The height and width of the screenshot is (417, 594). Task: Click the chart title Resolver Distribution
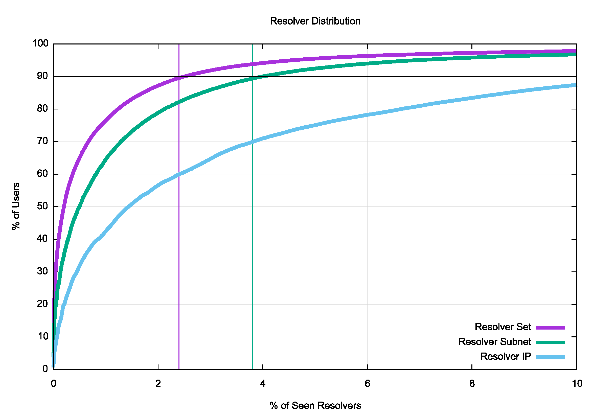click(x=315, y=21)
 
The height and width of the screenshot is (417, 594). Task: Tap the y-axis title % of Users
click(x=16, y=206)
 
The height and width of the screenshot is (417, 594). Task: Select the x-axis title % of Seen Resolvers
click(x=315, y=406)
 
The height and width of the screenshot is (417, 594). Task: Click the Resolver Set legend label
click(x=503, y=327)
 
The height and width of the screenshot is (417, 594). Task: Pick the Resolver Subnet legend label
click(x=495, y=342)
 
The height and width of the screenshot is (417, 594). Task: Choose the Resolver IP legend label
click(x=506, y=356)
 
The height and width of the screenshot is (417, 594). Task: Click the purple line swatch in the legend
click(x=550, y=328)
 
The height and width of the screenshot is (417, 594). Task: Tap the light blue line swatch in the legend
click(x=550, y=357)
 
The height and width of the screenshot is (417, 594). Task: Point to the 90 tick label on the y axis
click(x=42, y=76)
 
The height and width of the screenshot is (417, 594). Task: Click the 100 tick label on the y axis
click(x=40, y=43)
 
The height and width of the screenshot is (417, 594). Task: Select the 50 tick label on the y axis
click(x=42, y=206)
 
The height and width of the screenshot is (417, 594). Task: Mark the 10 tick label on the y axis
click(x=43, y=337)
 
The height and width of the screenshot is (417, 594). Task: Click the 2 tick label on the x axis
click(x=158, y=384)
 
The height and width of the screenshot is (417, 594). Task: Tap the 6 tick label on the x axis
click(x=367, y=384)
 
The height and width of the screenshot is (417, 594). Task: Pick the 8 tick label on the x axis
click(x=472, y=384)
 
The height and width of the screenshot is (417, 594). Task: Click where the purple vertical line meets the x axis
click(x=179, y=369)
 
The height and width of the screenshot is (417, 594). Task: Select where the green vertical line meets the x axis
click(x=252, y=369)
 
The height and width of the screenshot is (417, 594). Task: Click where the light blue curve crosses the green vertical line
click(x=252, y=142)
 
